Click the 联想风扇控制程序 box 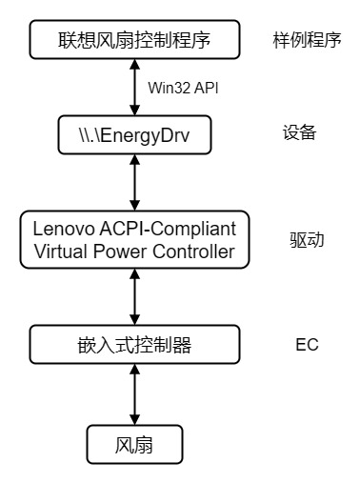[134, 41]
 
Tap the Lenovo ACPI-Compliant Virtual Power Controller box [134, 240]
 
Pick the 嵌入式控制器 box [134, 343]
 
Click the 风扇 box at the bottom [134, 443]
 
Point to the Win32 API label [182, 88]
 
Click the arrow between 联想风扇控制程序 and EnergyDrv [134, 89]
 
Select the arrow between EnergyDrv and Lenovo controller [134, 184]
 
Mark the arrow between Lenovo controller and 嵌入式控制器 [134, 295]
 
